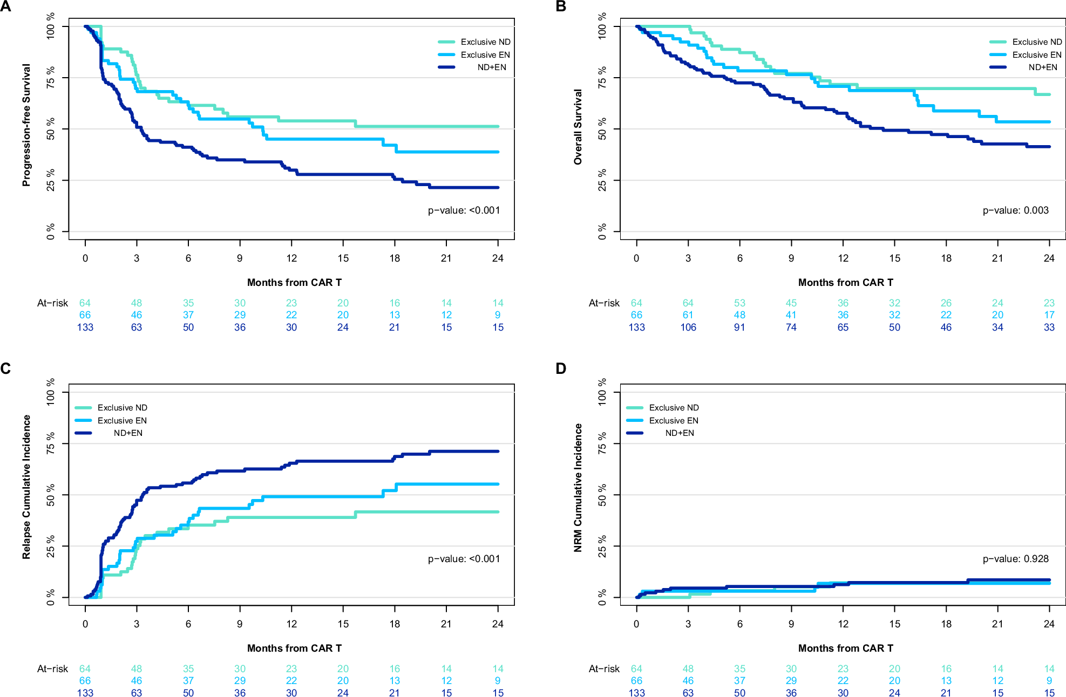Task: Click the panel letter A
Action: click(x=6, y=6)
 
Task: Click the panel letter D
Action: click(x=561, y=368)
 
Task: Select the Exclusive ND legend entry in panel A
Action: click(x=485, y=42)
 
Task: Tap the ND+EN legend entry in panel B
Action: click(x=1042, y=67)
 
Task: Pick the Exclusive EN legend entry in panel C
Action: click(x=121, y=421)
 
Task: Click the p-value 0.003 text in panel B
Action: click(x=1015, y=210)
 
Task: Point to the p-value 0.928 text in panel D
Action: click(x=1015, y=559)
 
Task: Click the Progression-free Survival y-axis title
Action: click(x=26, y=125)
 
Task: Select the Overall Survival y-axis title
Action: click(x=578, y=127)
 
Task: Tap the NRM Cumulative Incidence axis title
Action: click(x=578, y=488)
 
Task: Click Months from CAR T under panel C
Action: click(x=294, y=648)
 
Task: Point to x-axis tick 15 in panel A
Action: click(x=343, y=258)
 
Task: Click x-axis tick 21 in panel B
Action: click(x=997, y=258)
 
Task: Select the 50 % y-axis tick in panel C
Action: click(x=51, y=495)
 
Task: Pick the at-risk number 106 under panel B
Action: click(x=688, y=327)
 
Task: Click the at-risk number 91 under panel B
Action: click(x=739, y=327)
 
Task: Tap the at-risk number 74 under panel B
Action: click(x=791, y=327)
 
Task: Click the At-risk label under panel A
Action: click(x=52, y=303)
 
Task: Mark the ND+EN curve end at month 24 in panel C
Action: click(x=497, y=452)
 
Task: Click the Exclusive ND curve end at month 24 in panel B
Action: click(x=1048, y=94)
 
